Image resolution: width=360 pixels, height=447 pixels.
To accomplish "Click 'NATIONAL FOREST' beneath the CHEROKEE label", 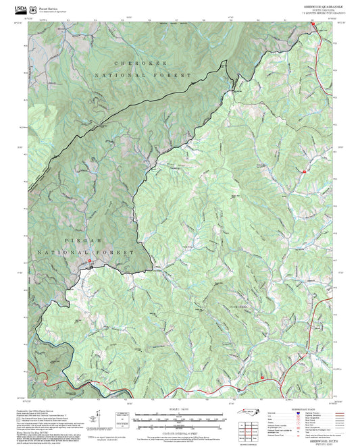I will pyautogui.click(x=143, y=75).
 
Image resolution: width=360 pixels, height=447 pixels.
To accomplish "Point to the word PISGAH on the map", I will pyautogui.click(x=65, y=240).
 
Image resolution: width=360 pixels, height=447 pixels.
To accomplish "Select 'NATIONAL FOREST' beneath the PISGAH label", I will pyautogui.click(x=67, y=251).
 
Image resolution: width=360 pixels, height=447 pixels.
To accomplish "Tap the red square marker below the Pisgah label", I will pyautogui.click(x=89, y=261).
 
